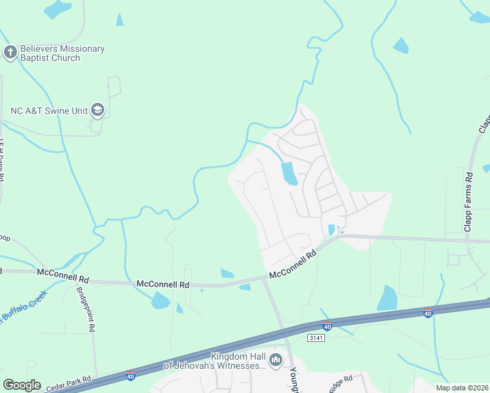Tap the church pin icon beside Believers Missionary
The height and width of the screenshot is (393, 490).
[10, 52]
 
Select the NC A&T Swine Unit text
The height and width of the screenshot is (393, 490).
[49, 111]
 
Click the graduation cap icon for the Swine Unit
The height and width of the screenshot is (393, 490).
[98, 110]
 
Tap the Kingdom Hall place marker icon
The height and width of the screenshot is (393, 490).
[276, 360]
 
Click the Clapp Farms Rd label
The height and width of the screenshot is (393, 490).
[468, 202]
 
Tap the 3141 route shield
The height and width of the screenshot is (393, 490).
[316, 337]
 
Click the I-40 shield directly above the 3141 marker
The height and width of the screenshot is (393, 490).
[327, 326]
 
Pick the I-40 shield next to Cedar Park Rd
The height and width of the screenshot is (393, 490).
[131, 377]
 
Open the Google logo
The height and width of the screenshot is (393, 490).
[22, 385]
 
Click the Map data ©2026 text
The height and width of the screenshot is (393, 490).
[462, 388]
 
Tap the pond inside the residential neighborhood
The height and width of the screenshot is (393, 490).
[289, 174]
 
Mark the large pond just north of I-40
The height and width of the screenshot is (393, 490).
[387, 298]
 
